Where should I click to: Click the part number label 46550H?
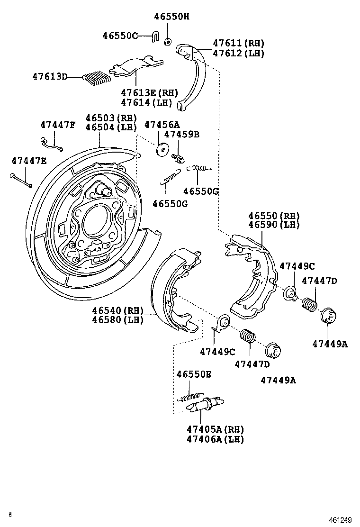171,17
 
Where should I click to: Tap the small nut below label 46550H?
167,42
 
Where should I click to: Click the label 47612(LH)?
238,54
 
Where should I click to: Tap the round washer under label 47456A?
162,149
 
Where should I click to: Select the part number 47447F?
57,125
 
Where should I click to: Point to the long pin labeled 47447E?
20,180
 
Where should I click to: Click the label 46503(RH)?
111,118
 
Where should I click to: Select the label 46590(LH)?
274,226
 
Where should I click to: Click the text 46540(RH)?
117,310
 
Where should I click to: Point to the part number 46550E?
194,374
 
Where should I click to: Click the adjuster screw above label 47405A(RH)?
204,406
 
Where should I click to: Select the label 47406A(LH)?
215,439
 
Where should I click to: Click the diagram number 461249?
341,520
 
